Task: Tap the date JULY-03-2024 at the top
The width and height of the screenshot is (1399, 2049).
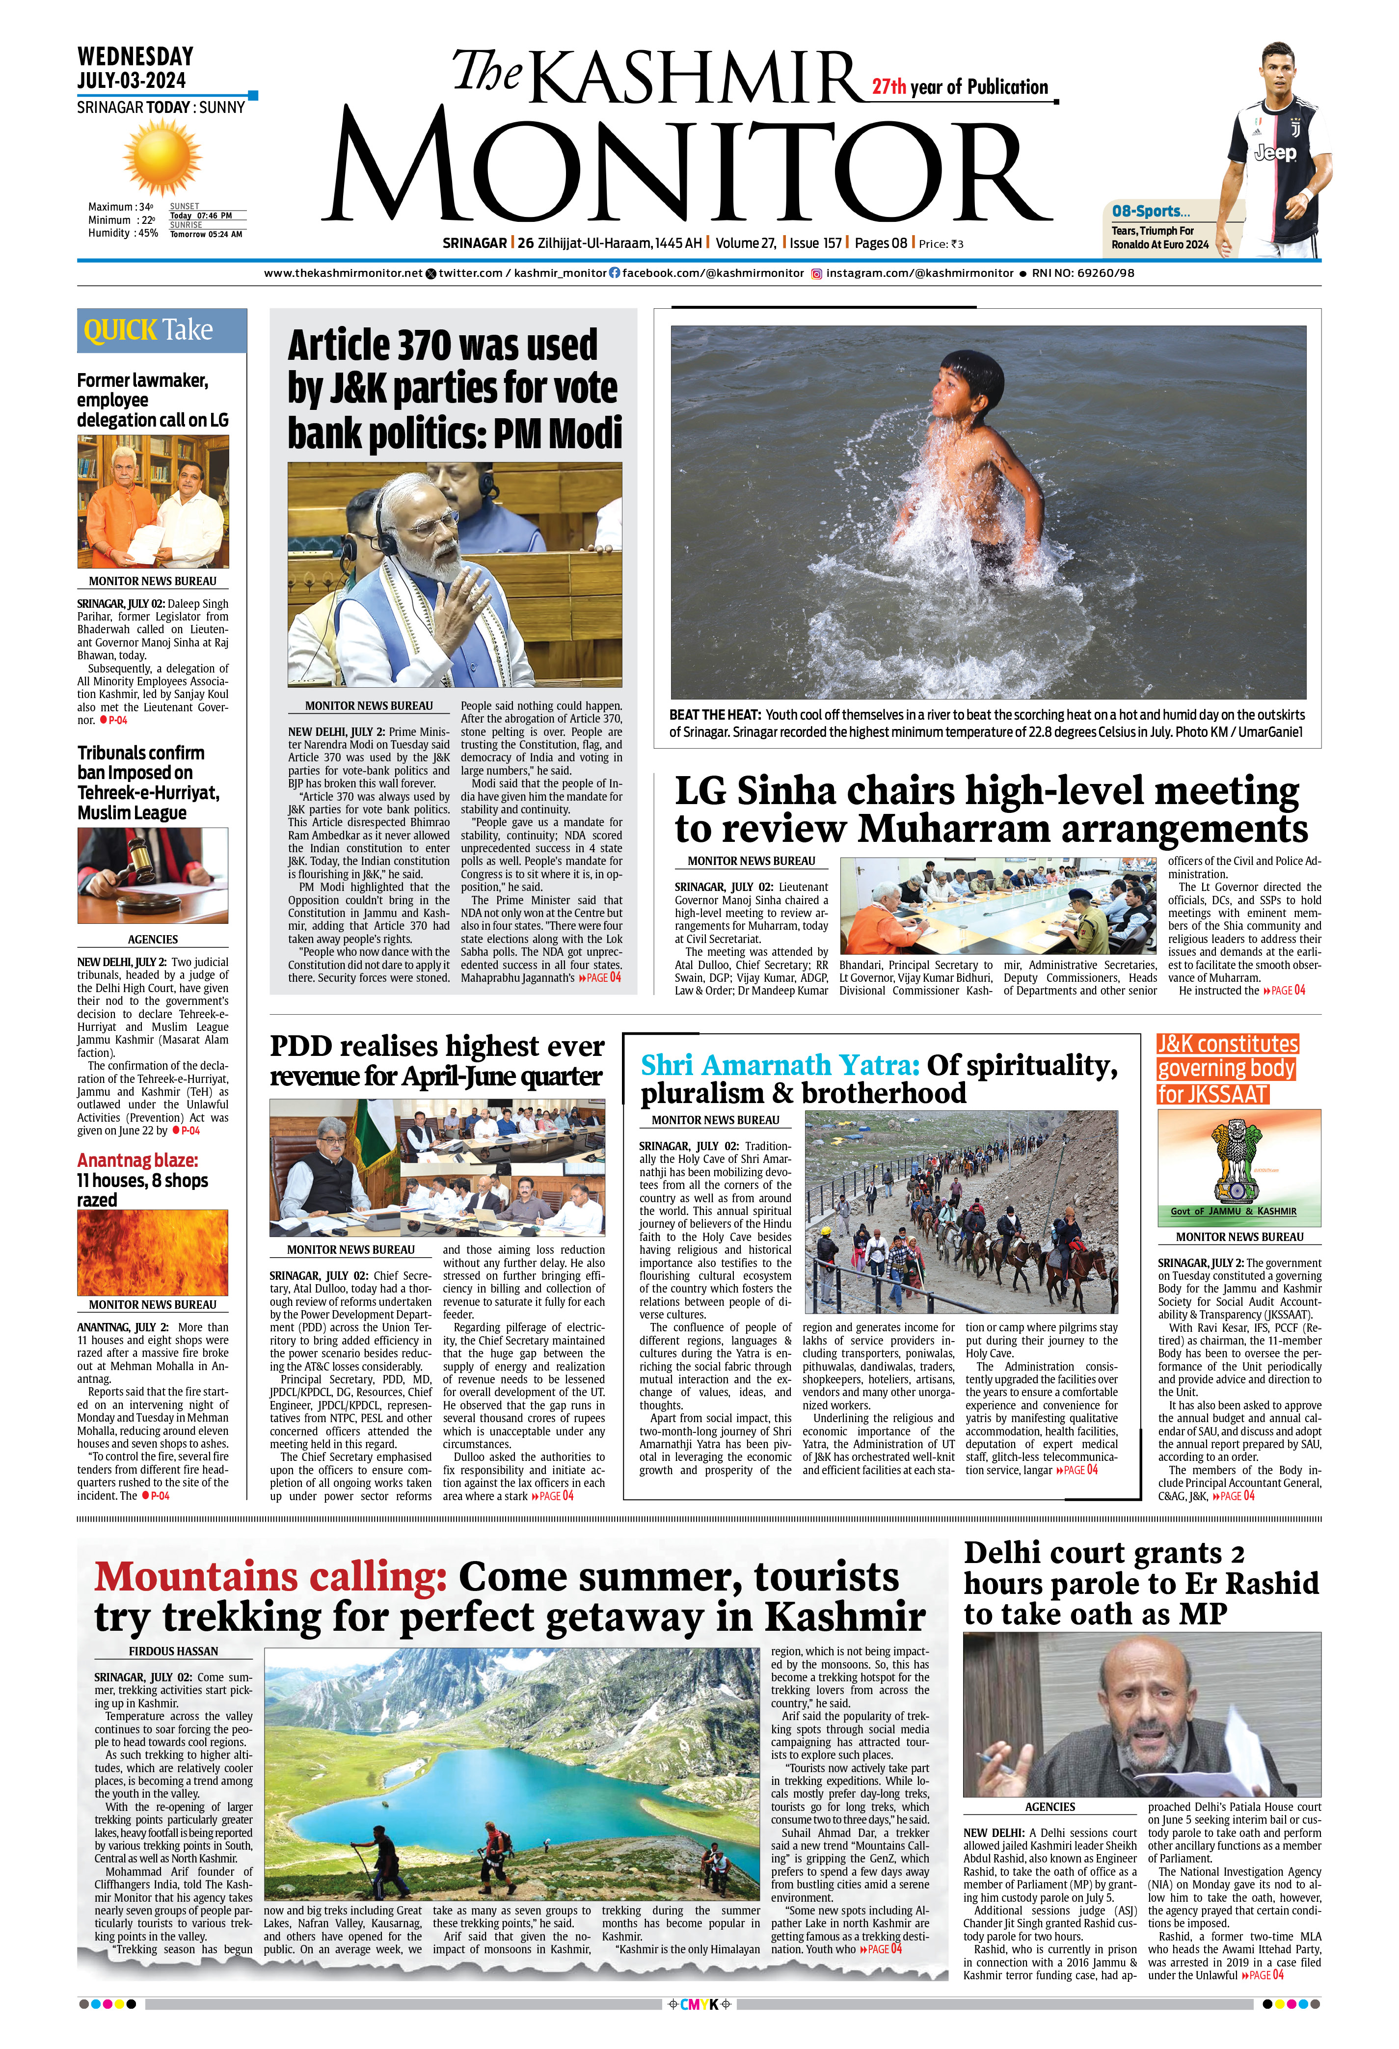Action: click(x=132, y=80)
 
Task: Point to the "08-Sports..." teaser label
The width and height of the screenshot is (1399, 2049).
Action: click(x=1151, y=212)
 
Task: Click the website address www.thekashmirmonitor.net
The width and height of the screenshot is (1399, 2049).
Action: click(x=343, y=273)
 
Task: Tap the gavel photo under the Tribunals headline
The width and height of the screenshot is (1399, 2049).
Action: click(x=153, y=875)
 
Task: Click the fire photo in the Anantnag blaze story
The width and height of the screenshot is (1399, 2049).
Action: click(x=153, y=1252)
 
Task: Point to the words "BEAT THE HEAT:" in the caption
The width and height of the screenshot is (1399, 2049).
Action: click(x=715, y=715)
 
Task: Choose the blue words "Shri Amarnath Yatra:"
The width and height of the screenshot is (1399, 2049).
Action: click(x=780, y=1065)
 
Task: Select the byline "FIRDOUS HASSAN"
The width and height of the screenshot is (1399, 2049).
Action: click(x=174, y=1650)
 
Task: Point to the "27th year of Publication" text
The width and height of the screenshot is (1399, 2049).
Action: click(x=960, y=87)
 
